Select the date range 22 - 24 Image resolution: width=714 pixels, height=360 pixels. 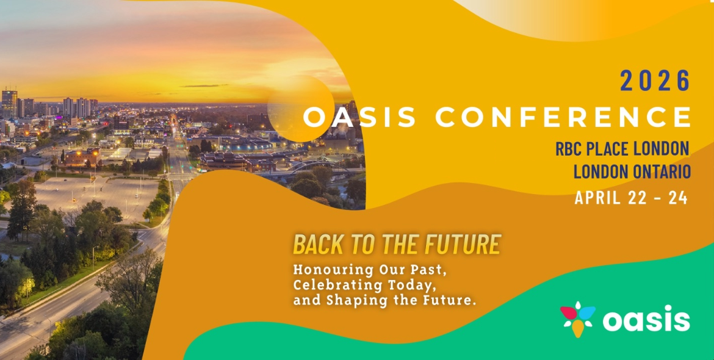click(662, 198)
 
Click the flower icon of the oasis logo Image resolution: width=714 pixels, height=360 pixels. click(577, 317)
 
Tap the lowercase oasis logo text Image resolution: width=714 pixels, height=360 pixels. click(646, 319)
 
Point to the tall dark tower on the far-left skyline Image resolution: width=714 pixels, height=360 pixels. click(9, 104)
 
